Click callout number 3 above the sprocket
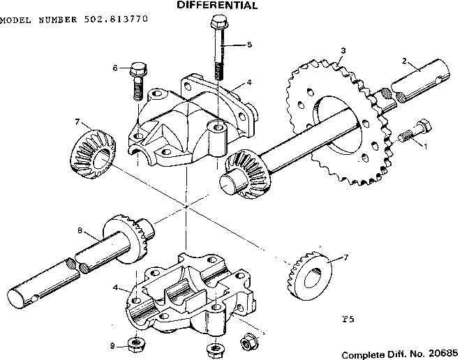(343, 50)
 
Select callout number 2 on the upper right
(403, 61)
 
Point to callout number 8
(80, 230)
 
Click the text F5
(349, 320)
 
